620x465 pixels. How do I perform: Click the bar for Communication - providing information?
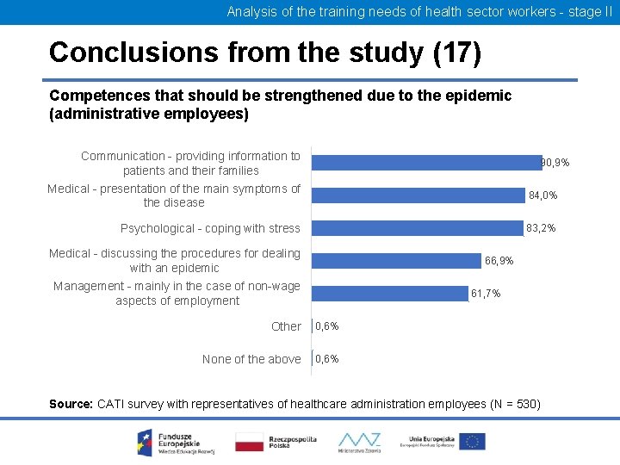425,163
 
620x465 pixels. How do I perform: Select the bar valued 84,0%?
418,195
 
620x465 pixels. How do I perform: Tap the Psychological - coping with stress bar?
418,228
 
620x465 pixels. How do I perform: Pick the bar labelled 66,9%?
396,260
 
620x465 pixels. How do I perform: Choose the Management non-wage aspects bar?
389,293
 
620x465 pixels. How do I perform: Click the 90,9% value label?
555,163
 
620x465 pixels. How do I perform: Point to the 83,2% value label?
541,228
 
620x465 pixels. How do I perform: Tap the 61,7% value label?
486,294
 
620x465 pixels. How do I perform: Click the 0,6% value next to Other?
327,326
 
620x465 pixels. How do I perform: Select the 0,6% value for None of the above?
327,359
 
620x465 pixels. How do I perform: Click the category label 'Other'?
286,326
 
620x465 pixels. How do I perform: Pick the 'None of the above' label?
251,359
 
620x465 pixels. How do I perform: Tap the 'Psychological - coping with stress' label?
210,228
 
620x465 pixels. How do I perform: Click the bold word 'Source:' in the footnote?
71,404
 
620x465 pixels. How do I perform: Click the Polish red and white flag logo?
250,443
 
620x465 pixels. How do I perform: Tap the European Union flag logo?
471,442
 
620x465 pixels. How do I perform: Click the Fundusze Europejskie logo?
169,442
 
